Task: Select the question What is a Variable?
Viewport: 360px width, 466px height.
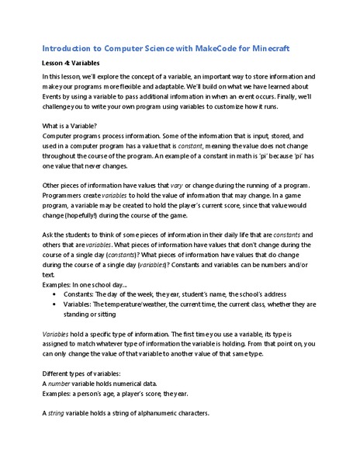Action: (72, 127)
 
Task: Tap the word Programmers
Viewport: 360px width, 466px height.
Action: (64, 198)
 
